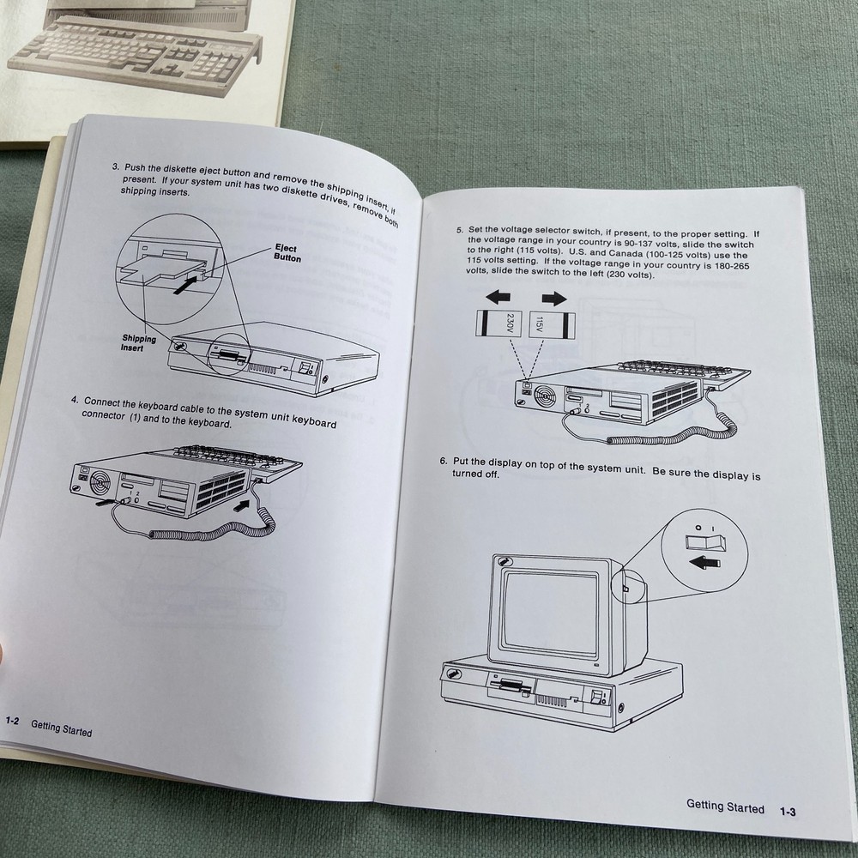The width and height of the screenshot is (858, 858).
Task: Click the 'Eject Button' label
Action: [x=287, y=253]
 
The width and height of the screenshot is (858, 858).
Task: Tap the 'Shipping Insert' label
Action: [x=138, y=343]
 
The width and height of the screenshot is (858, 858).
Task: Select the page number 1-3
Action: [x=787, y=810]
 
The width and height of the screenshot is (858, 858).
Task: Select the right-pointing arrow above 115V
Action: [x=554, y=298]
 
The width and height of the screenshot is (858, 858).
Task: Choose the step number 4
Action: [x=75, y=399]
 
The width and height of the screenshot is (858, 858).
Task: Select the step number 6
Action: [x=443, y=461]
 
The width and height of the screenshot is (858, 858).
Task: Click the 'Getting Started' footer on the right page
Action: [x=725, y=807]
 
